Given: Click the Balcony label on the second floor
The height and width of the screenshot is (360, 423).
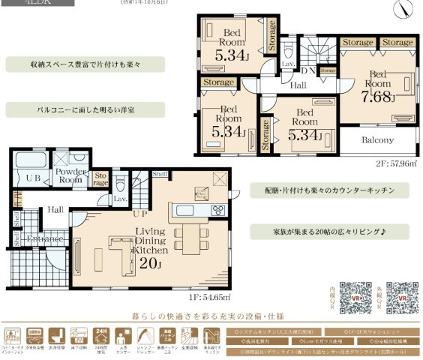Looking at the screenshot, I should pos(379,140).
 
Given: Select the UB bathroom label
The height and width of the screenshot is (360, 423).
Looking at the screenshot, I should pos(33,178).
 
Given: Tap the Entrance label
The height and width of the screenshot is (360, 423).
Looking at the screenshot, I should pos(45,238).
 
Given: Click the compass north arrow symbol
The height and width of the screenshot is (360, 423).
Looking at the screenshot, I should pos(406,9).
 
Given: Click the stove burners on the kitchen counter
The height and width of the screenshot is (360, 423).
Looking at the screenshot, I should pos(218,208).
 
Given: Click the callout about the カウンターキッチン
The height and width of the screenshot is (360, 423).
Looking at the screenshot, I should pos(330,190).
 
